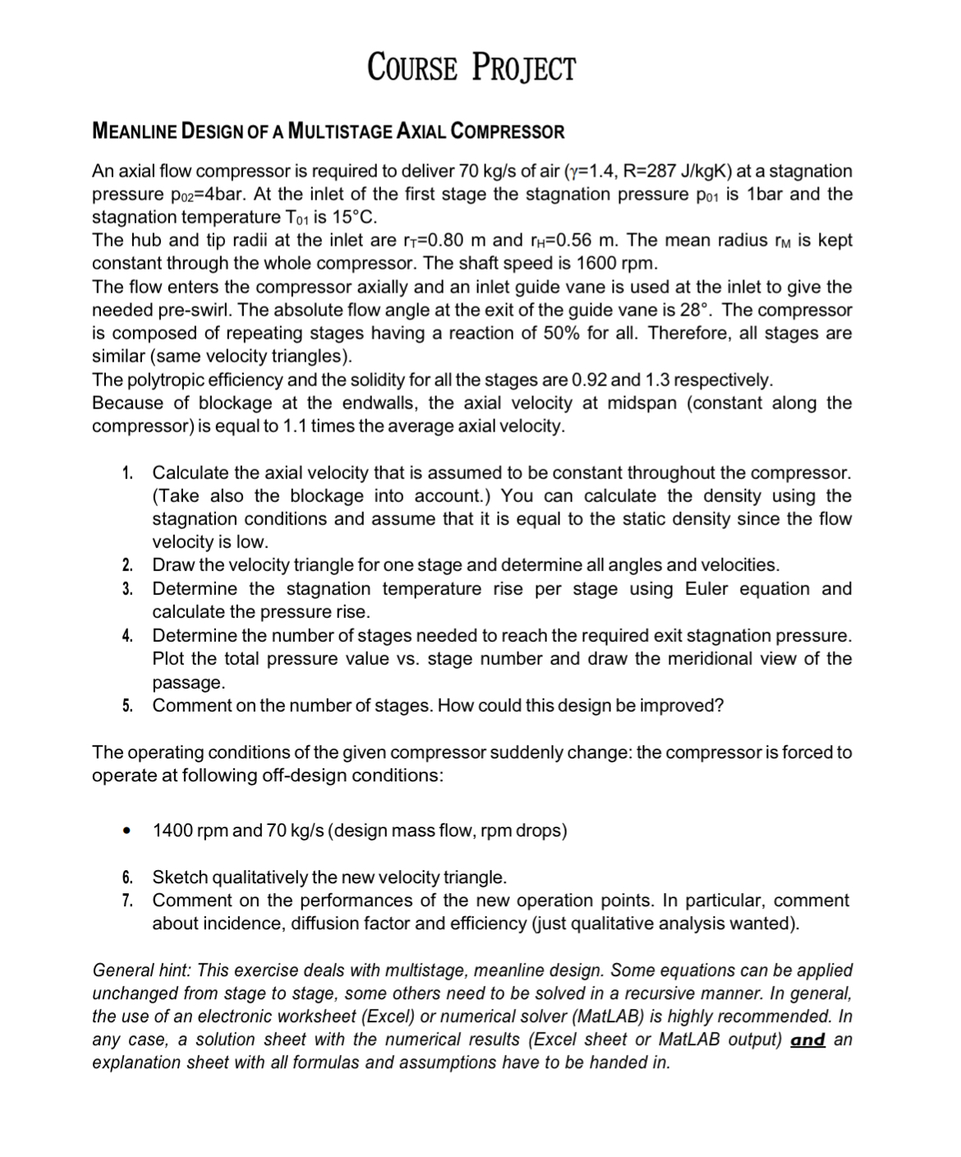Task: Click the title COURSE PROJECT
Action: click(x=471, y=67)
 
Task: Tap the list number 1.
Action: click(x=127, y=473)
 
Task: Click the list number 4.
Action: click(x=127, y=636)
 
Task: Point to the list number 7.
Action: click(x=127, y=901)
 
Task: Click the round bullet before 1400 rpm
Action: click(x=127, y=831)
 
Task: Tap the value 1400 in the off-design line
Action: click(x=172, y=831)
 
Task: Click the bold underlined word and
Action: click(x=807, y=1039)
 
